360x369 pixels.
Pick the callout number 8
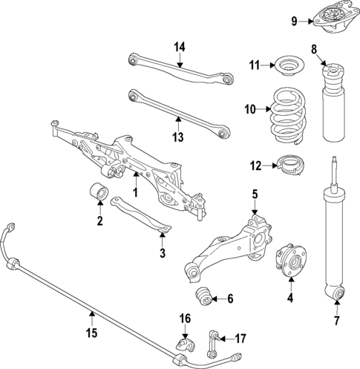tap(313, 50)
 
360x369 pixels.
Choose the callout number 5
tap(254, 195)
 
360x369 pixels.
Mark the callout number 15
tap(91, 332)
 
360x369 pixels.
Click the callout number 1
tap(136, 192)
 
